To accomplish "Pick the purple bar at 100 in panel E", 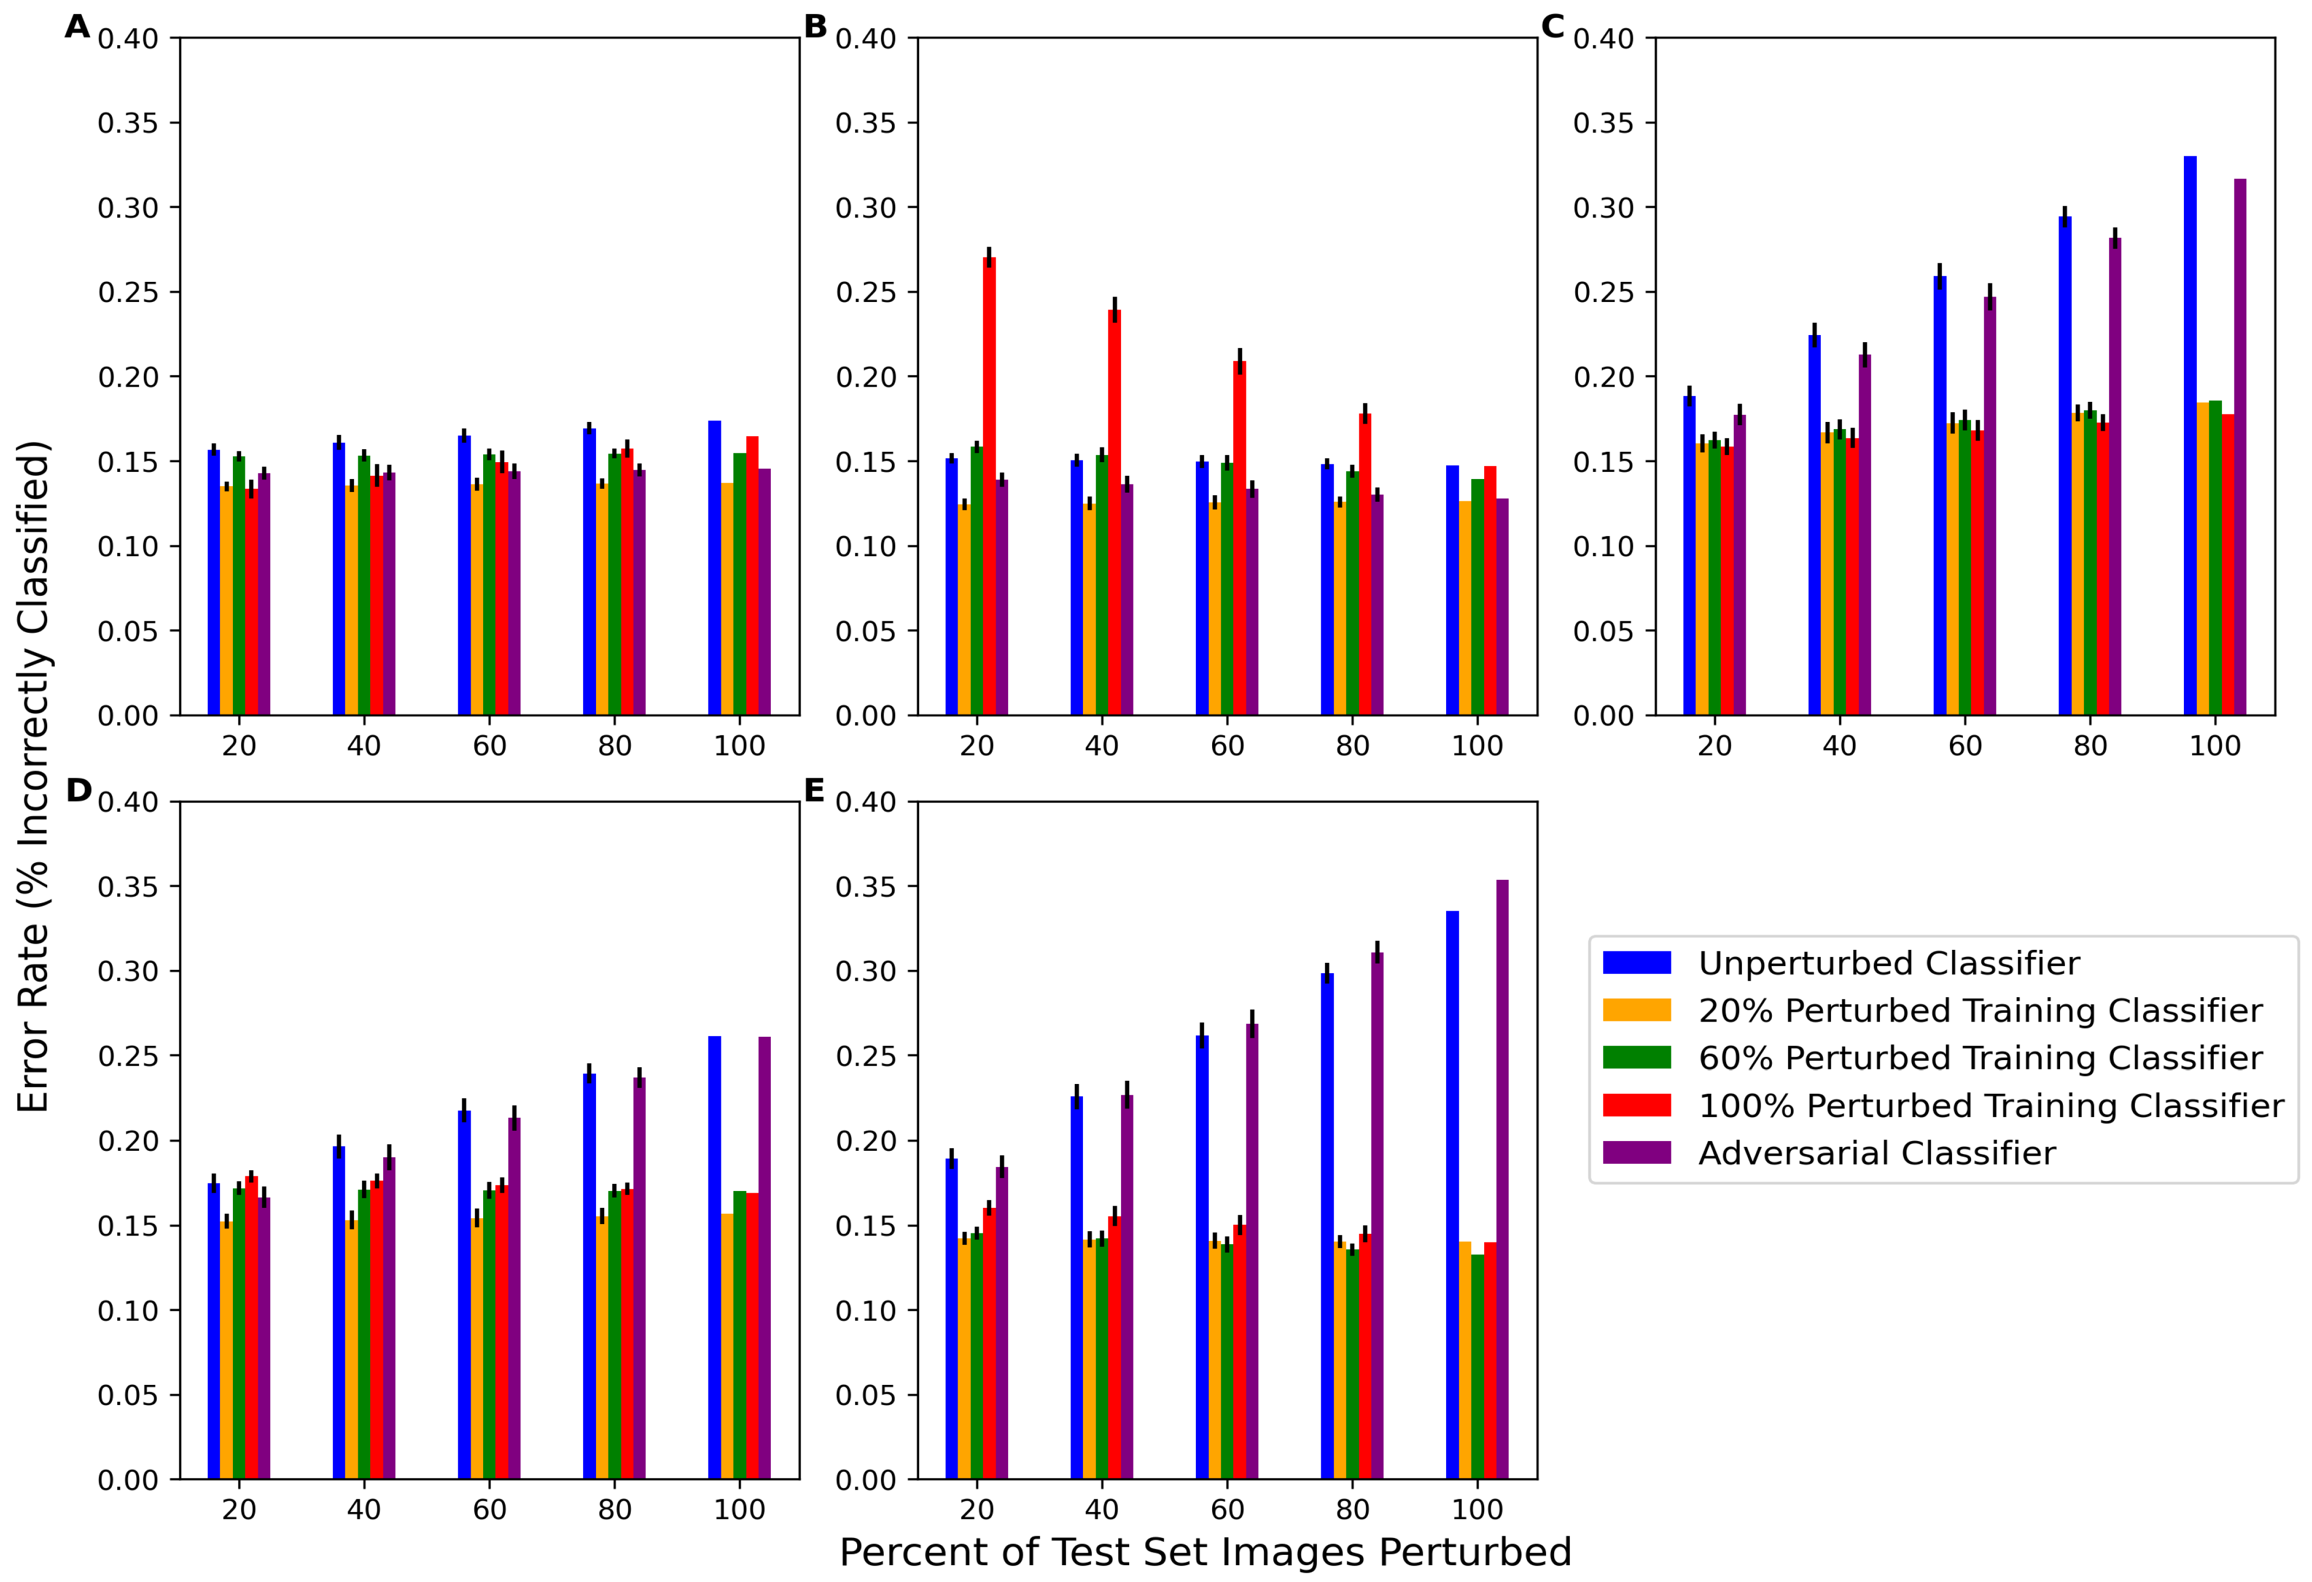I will click(1502, 1179).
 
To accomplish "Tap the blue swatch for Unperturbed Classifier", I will click(1637, 962).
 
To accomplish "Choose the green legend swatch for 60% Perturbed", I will click(1637, 1057).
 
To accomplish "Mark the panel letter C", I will click(1552, 27).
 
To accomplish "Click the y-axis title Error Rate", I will click(33, 776).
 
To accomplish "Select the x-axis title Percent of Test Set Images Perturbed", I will click(1205, 1552).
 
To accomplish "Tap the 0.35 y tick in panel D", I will click(128, 886).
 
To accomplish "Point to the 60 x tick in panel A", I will click(490, 746).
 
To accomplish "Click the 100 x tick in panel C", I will click(2214, 746).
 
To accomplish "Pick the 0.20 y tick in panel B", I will click(865, 377).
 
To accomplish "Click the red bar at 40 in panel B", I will click(1114, 513).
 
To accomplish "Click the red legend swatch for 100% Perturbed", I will click(1637, 1105).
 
